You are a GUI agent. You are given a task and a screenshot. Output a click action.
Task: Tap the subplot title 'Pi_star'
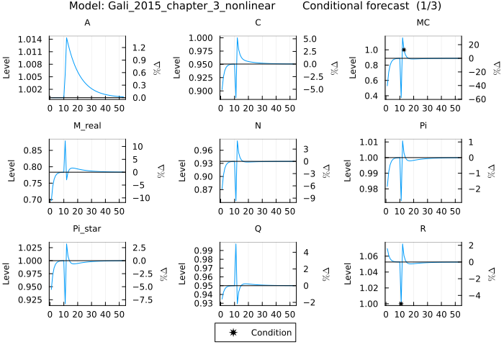coord(86,228)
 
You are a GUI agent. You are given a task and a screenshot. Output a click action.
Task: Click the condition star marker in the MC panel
coord(404,50)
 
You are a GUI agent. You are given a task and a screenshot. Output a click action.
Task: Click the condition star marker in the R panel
coord(400,304)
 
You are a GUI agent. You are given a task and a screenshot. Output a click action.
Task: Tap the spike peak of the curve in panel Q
coord(235,244)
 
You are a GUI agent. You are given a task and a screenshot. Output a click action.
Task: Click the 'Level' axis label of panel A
coord(7,66)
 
